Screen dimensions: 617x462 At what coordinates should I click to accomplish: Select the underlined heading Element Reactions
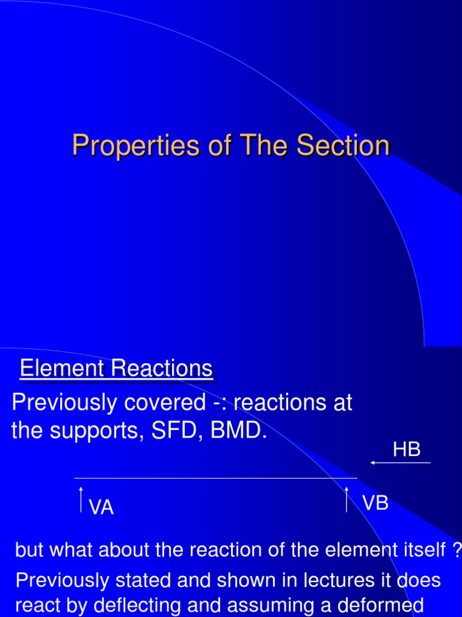(x=116, y=369)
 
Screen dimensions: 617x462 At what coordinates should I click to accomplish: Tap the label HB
(x=407, y=449)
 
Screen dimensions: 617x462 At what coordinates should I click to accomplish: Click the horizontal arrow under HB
(x=401, y=463)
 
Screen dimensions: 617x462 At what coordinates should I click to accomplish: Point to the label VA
(x=102, y=508)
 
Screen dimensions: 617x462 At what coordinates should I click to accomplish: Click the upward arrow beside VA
(x=81, y=500)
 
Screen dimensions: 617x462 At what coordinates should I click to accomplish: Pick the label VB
(x=375, y=503)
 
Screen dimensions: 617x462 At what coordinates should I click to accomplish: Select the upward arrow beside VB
(x=347, y=500)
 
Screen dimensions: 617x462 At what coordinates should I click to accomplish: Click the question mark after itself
(x=457, y=550)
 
